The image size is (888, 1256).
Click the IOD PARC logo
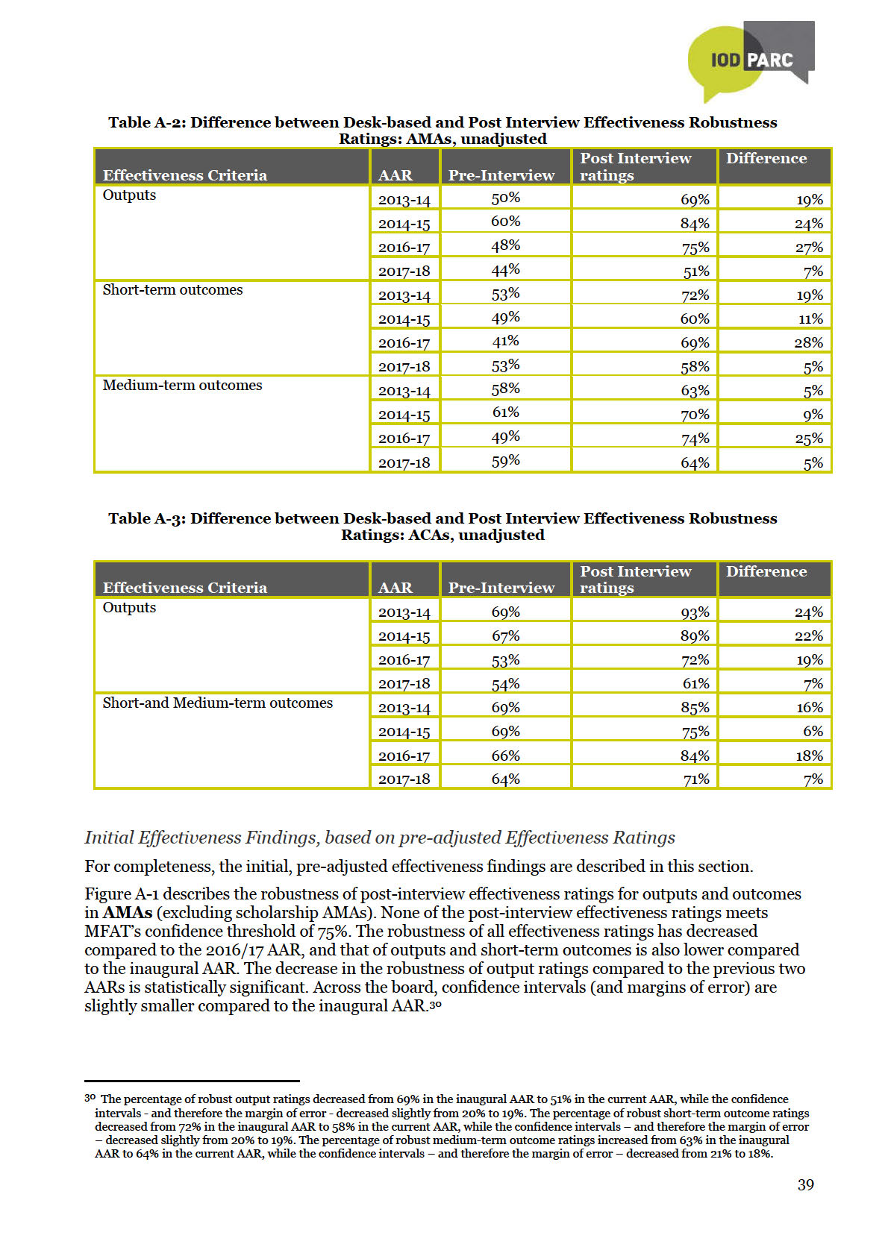(749, 60)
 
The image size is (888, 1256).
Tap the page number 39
(805, 1184)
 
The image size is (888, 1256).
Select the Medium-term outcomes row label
(182, 386)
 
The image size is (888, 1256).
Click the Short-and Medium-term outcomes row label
(217, 703)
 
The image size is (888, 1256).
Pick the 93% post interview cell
(695, 612)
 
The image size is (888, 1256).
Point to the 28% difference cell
(808, 343)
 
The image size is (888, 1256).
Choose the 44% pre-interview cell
(505, 270)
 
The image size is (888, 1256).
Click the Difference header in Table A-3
(766, 572)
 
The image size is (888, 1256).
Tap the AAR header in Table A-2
(395, 175)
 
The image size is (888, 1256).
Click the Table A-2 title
(443, 131)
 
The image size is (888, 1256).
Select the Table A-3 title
(443, 527)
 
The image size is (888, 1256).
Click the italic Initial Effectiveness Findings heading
(379, 838)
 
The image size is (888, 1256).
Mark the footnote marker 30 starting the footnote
(90, 1099)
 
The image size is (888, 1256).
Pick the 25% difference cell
(808, 439)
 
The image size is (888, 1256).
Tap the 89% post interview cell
(695, 636)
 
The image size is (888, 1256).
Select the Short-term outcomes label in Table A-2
(172, 290)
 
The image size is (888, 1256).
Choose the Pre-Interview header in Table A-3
(501, 588)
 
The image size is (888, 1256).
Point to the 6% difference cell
(813, 732)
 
